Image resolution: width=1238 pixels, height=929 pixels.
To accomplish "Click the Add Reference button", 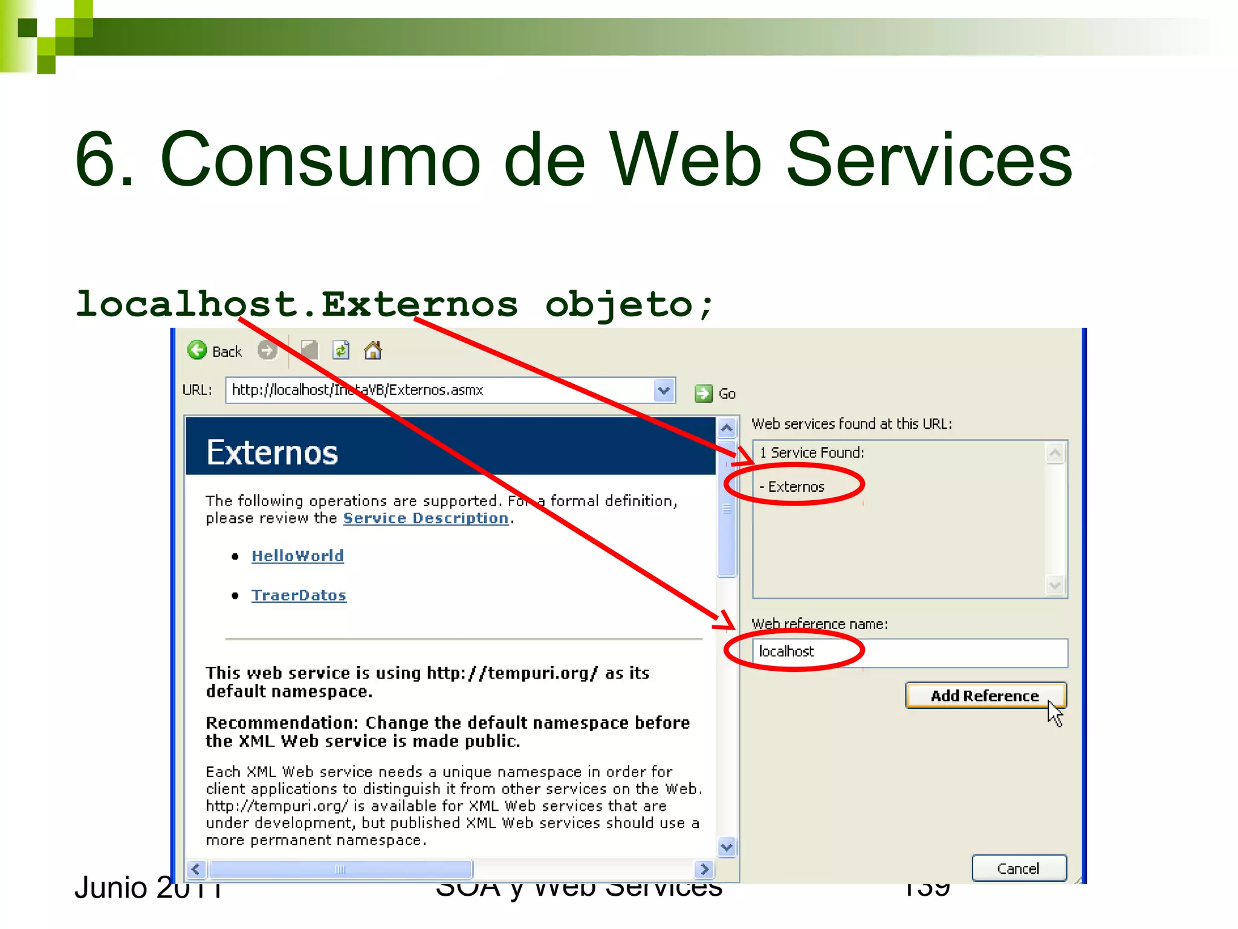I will [x=985, y=696].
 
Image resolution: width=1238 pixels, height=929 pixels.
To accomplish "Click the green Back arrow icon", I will [x=197, y=350].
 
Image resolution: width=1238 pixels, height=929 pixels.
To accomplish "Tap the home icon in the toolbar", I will [x=373, y=350].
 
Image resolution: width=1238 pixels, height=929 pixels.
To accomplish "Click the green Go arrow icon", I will [x=703, y=394].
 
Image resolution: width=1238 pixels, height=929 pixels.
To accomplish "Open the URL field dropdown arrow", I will [x=664, y=390].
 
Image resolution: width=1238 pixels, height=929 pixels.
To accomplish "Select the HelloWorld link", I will [x=297, y=556].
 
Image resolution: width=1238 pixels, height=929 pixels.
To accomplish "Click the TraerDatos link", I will [x=299, y=595].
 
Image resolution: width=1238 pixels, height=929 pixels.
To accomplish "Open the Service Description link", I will [x=426, y=518].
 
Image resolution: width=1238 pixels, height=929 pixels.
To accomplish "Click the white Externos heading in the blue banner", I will [x=272, y=452].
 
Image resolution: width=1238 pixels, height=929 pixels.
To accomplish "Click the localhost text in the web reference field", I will [x=786, y=651].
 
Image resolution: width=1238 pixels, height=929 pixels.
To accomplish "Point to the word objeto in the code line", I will [x=618, y=304].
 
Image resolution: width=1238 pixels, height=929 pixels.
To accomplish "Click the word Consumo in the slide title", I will [x=320, y=160].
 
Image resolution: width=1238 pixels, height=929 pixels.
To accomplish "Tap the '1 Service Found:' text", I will [x=812, y=452].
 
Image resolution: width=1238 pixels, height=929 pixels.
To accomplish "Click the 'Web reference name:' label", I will [x=819, y=624].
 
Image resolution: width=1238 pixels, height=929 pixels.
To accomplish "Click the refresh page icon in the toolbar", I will [x=342, y=350].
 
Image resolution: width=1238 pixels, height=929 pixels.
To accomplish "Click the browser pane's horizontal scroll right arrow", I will [x=704, y=869].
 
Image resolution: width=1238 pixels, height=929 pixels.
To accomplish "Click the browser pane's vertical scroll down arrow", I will [x=727, y=847].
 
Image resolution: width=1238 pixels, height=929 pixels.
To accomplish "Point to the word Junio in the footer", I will [x=111, y=888].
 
